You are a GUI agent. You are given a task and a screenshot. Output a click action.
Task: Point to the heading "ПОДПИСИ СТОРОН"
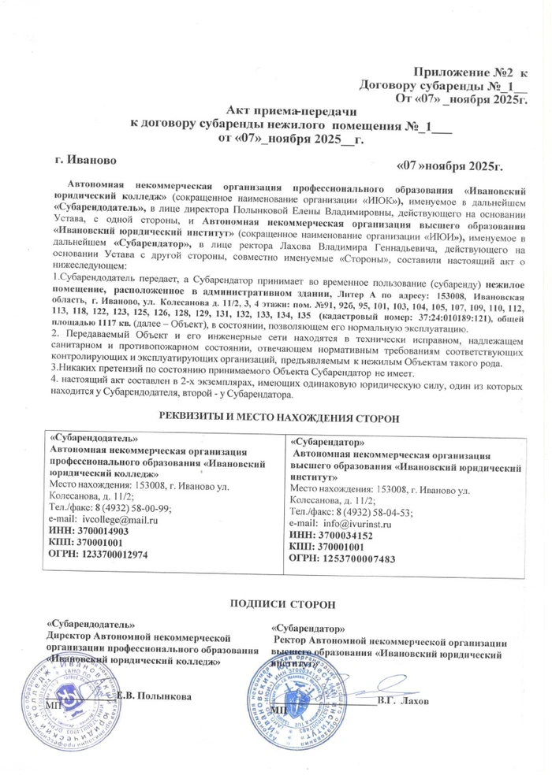[282, 603]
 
